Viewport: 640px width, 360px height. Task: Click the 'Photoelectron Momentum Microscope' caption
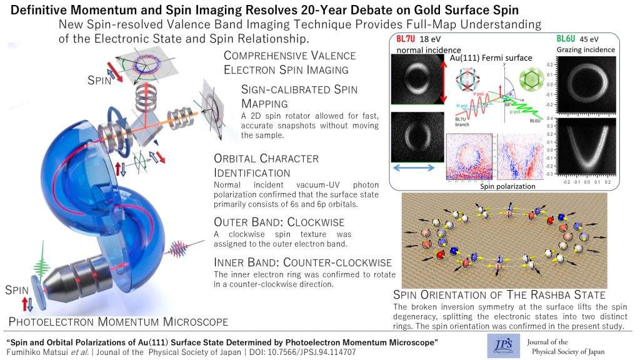(x=117, y=321)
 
